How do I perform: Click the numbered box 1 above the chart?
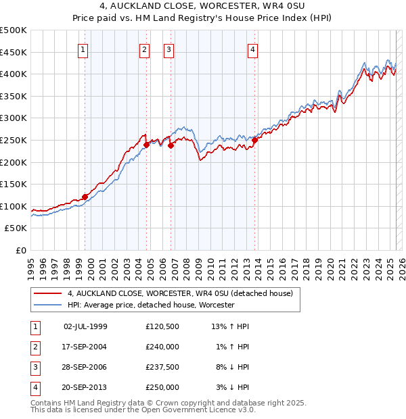coord(83,49)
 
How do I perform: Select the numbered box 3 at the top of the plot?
coord(168,49)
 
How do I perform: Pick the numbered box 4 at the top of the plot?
coord(252,49)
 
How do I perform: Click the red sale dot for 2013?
coord(254,141)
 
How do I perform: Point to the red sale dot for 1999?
coord(85,197)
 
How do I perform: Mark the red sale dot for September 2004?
coord(147,144)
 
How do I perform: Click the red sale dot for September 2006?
coord(171,145)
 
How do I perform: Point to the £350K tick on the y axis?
coord(14,97)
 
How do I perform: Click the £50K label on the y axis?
coord(16,228)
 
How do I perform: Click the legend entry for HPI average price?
coord(150,305)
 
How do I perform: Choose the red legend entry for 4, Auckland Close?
coord(179,294)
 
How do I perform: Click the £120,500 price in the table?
coord(162,326)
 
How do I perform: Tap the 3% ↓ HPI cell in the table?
coord(234,387)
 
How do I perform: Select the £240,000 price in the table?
coord(162,347)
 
